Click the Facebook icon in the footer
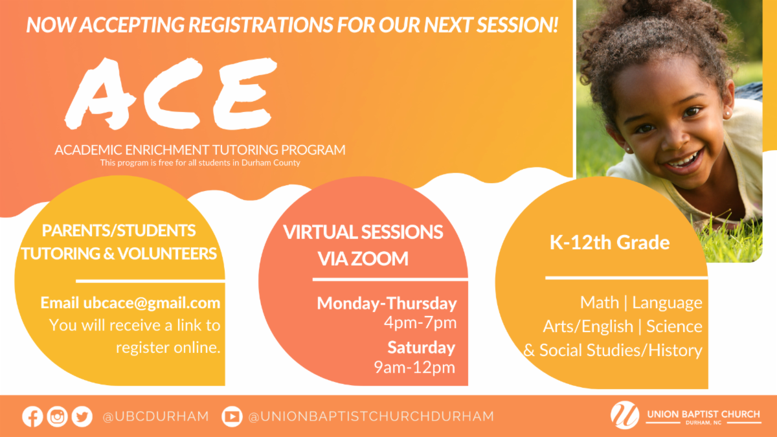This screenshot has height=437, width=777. [x=32, y=416]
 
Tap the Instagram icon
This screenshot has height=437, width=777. [x=57, y=416]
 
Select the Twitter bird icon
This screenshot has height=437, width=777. [x=82, y=416]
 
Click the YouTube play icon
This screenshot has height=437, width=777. [x=232, y=416]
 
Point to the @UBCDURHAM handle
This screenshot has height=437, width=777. [x=156, y=416]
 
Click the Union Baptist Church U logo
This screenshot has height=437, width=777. [x=625, y=415]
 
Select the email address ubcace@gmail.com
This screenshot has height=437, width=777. [x=152, y=303]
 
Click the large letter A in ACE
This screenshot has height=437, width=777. [x=100, y=94]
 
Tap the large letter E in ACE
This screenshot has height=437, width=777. [x=245, y=94]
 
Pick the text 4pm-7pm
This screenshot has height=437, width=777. [x=420, y=323]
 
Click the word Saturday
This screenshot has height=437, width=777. [x=421, y=348]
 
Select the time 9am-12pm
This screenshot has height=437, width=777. [x=414, y=367]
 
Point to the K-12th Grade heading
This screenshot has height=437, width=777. [x=609, y=242]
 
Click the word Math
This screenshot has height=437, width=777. [x=600, y=302]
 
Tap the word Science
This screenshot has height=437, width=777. [x=674, y=326]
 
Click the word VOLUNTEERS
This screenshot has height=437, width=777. [x=167, y=254]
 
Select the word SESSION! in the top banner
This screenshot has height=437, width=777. [x=517, y=25]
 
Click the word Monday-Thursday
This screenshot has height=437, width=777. [x=387, y=304]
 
